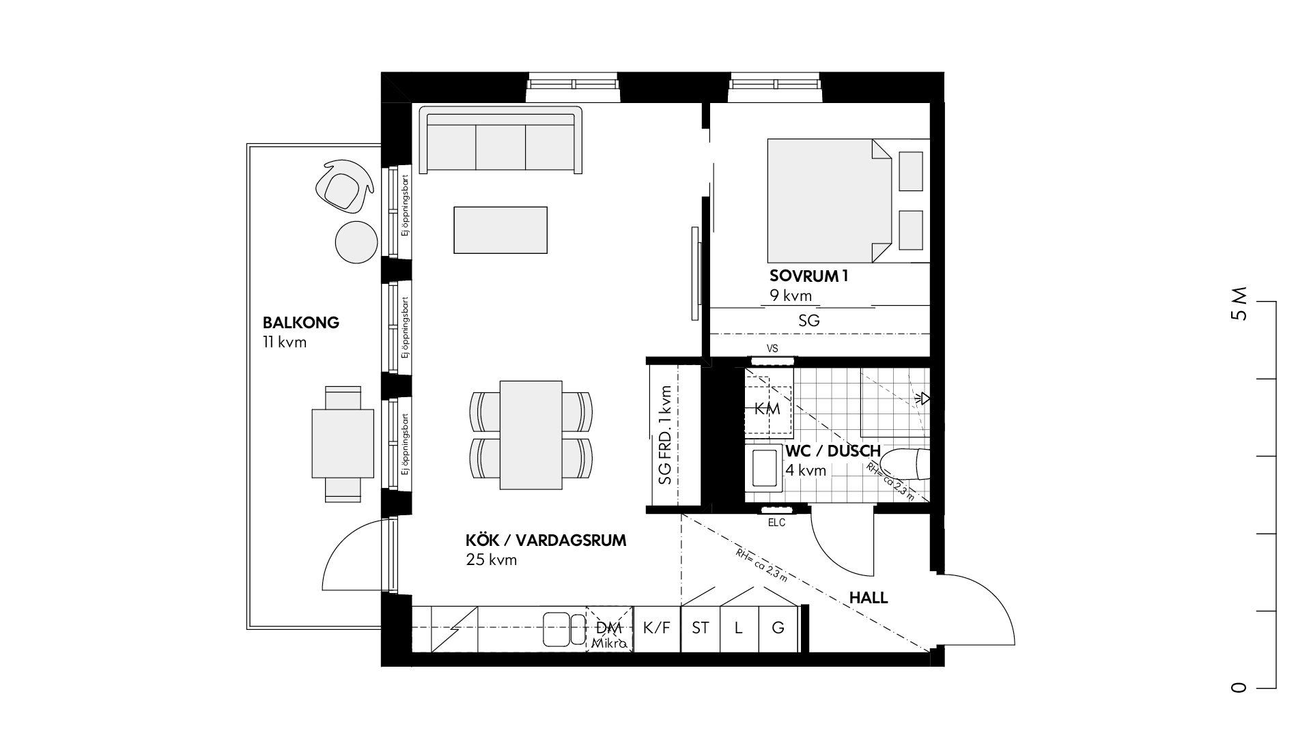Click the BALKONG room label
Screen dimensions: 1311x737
pos(301,323)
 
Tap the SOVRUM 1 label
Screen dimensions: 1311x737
pos(808,276)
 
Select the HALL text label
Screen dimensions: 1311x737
pos(869,598)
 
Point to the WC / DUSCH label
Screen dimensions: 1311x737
pos(833,452)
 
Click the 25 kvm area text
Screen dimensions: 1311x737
pos(492,560)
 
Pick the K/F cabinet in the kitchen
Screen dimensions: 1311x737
pos(657,628)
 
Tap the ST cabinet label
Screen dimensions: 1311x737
pos(701,628)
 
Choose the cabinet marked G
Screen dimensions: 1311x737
pos(778,628)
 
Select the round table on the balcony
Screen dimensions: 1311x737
pos(356,242)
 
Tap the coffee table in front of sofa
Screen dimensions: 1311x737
pos(501,230)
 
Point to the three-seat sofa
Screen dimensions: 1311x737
pos(501,140)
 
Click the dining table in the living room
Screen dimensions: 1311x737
pos(531,435)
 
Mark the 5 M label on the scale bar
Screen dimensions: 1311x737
pos(1239,304)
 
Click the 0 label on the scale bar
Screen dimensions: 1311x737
pos(1239,688)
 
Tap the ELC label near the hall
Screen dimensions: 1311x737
pos(776,523)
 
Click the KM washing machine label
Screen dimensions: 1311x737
pos(767,409)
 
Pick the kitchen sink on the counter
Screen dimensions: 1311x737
pos(565,629)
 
